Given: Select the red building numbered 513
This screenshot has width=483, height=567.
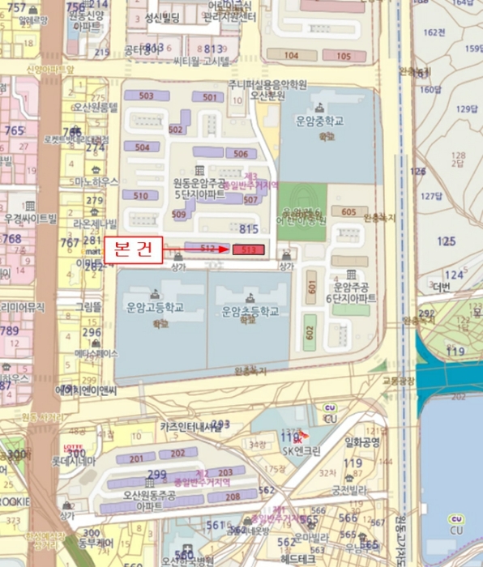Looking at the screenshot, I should pyautogui.click(x=249, y=250).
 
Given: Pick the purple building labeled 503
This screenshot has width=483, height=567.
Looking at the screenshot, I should pyautogui.click(x=146, y=96).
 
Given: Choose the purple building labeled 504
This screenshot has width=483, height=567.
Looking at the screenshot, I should pyautogui.click(x=142, y=147).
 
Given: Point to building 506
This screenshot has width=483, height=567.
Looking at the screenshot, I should pyautogui.click(x=239, y=153).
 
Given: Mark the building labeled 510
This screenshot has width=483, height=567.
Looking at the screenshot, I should pyautogui.click(x=140, y=195).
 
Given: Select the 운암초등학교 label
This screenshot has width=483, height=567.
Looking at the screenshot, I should pyautogui.click(x=250, y=310).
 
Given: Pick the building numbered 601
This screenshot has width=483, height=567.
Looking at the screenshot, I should pyautogui.click(x=311, y=287).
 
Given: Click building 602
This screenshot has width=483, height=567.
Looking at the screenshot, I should pyautogui.click(x=309, y=331).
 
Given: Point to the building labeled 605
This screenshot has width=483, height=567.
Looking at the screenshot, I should pyautogui.click(x=348, y=212).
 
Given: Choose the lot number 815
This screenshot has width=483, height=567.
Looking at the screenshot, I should pyautogui.click(x=250, y=229).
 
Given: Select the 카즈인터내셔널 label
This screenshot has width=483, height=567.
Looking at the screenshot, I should pyautogui.click(x=190, y=426).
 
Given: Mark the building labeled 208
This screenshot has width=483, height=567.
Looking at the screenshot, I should pyautogui.click(x=233, y=497).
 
